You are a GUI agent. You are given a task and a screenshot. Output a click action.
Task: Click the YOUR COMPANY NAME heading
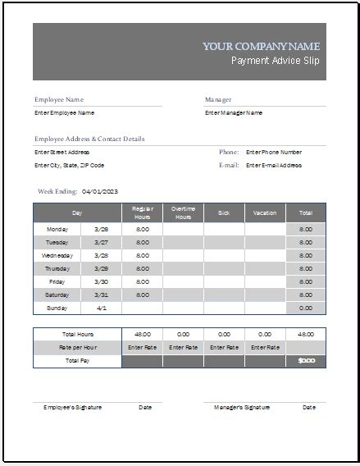pos(261,47)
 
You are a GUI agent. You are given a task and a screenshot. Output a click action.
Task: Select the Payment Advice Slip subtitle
pos(276,61)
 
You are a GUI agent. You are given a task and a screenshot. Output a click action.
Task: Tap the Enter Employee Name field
pos(65,112)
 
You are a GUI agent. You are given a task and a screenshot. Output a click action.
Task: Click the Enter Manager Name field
pos(234,112)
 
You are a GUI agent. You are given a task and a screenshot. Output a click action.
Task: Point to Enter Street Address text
pos(62,152)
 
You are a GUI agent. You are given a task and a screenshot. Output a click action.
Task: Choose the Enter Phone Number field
pos(274,152)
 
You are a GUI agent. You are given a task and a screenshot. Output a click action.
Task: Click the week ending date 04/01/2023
pos(101,191)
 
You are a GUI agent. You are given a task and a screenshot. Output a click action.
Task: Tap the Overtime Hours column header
pos(183,213)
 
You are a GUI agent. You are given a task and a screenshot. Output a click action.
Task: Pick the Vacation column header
pos(265,212)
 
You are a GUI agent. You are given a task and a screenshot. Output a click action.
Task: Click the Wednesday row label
pos(57,255)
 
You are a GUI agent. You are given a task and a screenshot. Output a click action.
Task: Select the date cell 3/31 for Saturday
pos(101,295)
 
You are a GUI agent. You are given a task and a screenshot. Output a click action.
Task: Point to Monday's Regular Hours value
pos(142,229)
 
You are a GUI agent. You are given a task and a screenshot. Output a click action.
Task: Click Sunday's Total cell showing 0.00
pos(305,308)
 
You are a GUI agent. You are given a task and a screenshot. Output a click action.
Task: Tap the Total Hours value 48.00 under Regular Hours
pos(142,334)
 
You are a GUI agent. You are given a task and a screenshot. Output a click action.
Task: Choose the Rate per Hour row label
pos(77,347)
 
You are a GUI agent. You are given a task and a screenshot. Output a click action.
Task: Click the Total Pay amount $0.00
pos(306,361)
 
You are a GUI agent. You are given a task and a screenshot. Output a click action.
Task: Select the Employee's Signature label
pos(72,407)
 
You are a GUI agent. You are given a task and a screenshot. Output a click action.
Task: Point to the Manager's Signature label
pos(241,407)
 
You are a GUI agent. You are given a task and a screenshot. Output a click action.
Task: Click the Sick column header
pos(224,212)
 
